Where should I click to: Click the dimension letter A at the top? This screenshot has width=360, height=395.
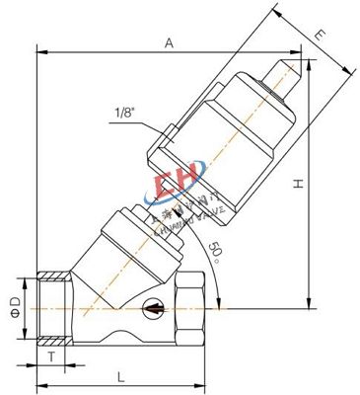coord(170,42)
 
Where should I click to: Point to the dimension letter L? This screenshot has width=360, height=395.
coord(120,375)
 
